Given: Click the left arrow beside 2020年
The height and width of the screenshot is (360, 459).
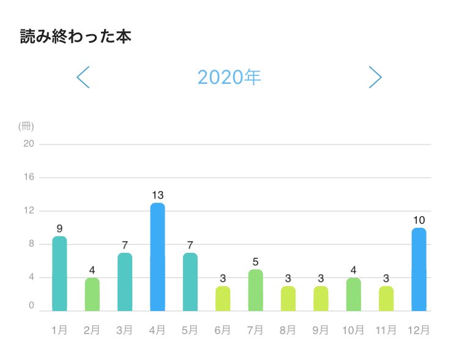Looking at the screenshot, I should pos(83,77).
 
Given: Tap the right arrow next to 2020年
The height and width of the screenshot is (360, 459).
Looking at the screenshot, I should pos(375,77).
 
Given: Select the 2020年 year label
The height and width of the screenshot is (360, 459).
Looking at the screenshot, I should pos(229,77).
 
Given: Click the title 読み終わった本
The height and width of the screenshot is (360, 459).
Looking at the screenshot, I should pos(76,36).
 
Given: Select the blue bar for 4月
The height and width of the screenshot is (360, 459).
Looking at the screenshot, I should pos(157,257).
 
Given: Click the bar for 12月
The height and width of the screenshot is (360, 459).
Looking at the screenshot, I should pos(419,269).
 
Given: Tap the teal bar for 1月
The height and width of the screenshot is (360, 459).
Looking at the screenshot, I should pos(59,274).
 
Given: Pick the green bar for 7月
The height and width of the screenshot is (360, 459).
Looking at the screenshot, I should pos(255,290).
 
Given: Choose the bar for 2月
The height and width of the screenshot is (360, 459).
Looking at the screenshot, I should pos(92,294).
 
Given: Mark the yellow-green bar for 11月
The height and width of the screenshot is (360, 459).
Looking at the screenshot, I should pos(386,298).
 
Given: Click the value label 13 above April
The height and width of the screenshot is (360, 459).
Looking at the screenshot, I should pos(157,195).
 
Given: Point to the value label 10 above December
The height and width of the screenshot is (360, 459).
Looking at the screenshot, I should pos(419,220).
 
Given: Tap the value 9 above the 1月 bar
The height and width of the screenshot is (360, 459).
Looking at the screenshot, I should pos(59,228).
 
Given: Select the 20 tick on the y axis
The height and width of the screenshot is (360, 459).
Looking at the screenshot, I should pos(28,144).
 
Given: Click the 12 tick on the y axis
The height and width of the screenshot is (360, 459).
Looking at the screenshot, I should pos(28,211).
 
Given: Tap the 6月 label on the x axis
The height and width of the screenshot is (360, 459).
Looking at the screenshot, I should pos(223,330).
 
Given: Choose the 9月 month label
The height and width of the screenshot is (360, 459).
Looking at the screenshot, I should pos(321,330).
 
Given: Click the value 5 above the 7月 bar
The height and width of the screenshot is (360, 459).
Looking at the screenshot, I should pos(255,262).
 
